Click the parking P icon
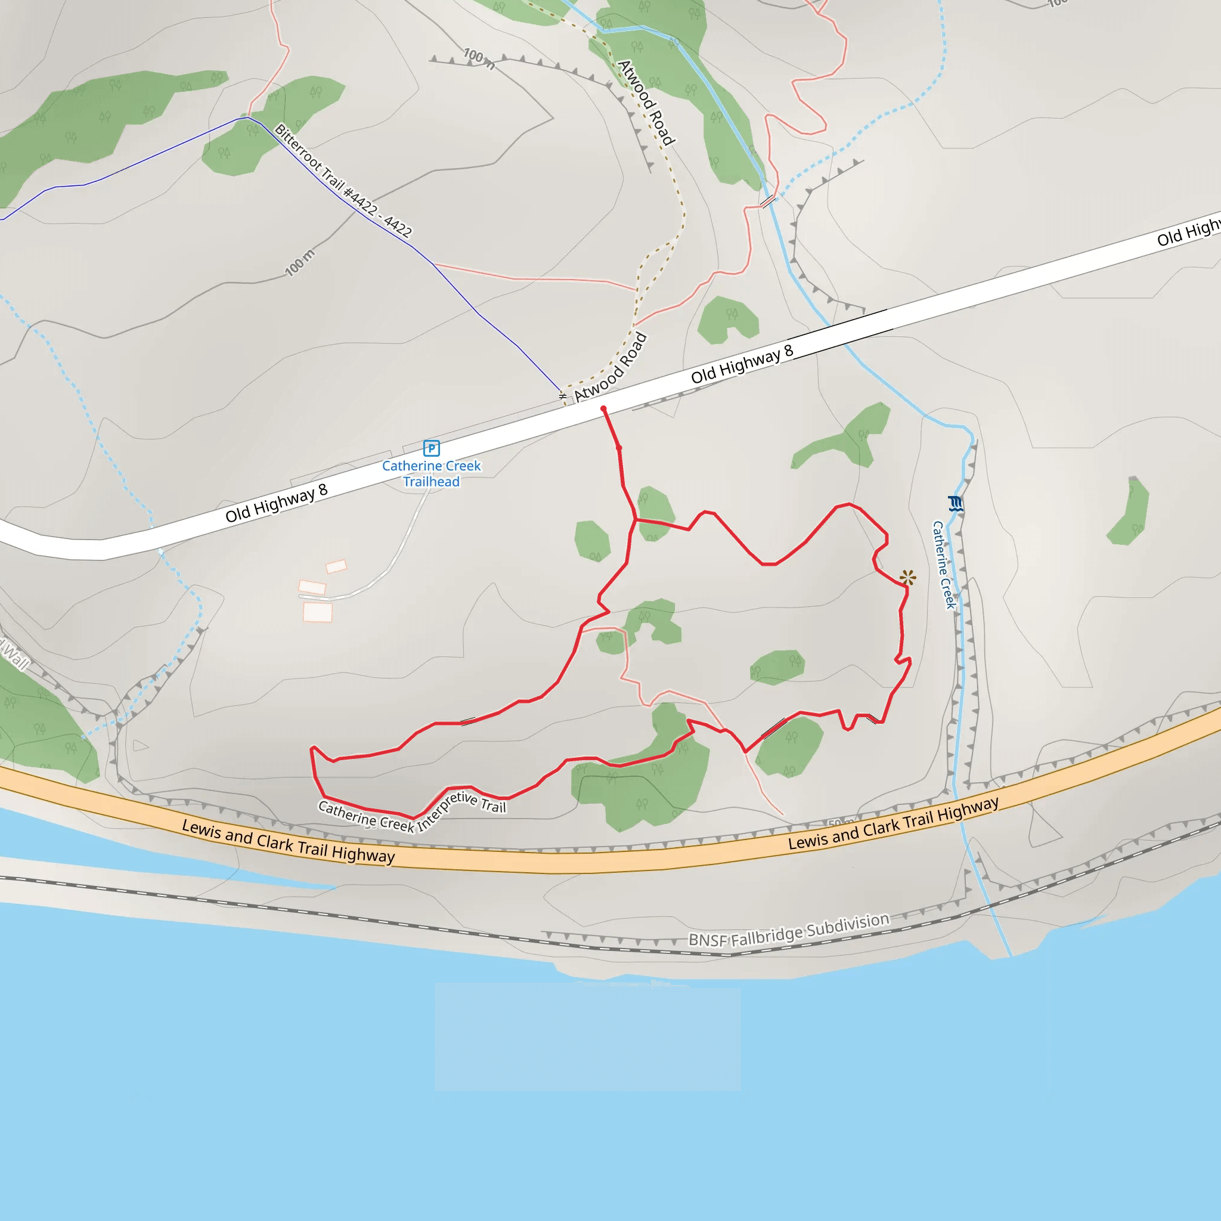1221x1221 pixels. tap(431, 448)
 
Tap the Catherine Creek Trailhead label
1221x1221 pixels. tap(431, 473)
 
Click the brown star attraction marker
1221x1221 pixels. tap(907, 577)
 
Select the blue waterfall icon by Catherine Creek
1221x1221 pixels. tap(955, 504)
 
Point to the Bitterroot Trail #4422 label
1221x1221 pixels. tap(343, 181)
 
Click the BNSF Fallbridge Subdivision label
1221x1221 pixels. tap(789, 930)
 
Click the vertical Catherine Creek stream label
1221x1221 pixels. tap(944, 565)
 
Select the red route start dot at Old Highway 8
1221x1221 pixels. tap(603, 409)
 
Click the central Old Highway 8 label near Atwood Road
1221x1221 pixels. tap(741, 365)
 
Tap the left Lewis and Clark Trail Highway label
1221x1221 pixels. tap(288, 841)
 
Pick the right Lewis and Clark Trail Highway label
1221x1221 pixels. tap(893, 823)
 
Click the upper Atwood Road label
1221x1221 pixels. tap(646, 103)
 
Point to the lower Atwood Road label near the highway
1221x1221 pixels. tap(610, 367)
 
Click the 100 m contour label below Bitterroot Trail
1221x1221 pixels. tap(299, 263)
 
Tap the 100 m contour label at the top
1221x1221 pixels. tap(478, 58)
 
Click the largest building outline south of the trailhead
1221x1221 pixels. tap(318, 612)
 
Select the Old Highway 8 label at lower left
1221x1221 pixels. tap(276, 503)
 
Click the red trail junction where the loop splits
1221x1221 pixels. tap(636, 519)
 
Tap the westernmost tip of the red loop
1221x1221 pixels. tap(312, 749)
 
